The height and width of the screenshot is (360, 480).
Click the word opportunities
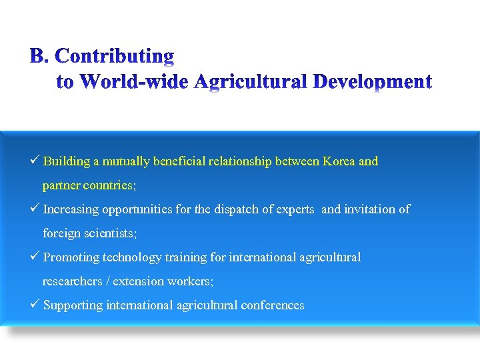[135, 209]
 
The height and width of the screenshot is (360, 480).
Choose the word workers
[191, 281]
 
